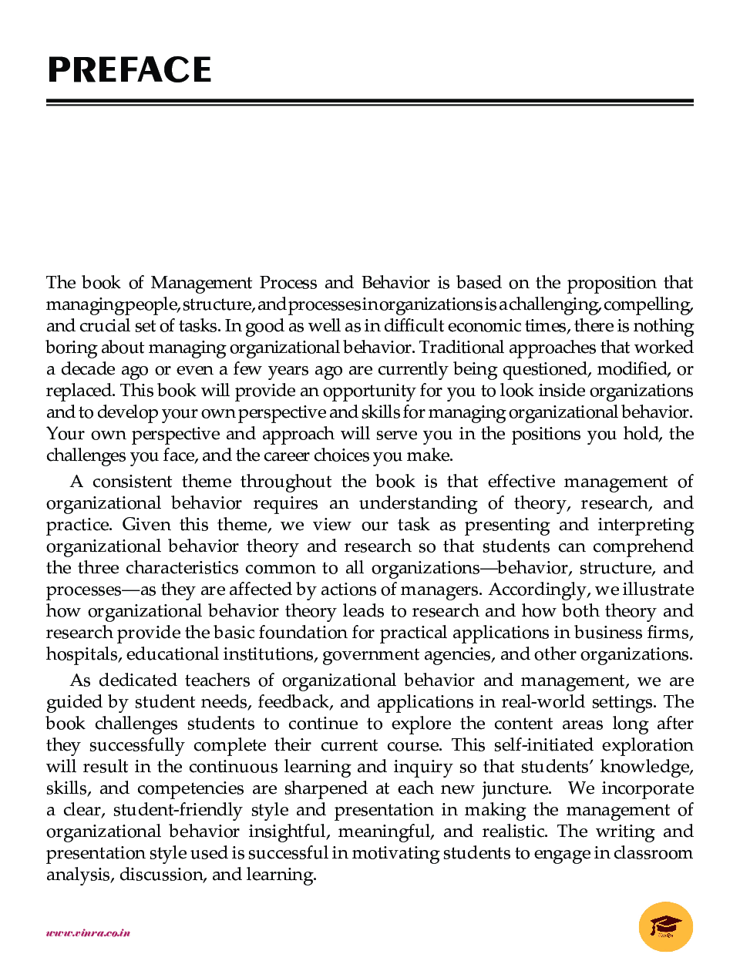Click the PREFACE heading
click(129, 70)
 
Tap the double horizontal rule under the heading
click(370, 102)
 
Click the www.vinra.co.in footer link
click(88, 933)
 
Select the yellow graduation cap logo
click(666, 926)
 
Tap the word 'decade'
click(88, 369)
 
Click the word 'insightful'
click(288, 832)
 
